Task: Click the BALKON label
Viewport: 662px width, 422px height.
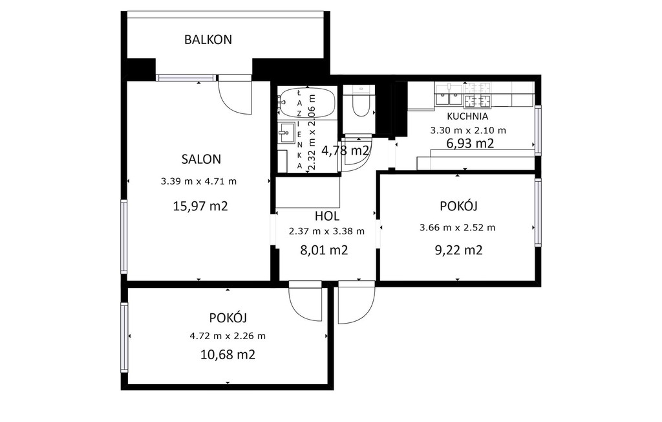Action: coord(208,39)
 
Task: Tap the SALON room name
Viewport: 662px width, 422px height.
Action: coord(201,159)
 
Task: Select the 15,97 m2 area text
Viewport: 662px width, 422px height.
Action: coord(200,206)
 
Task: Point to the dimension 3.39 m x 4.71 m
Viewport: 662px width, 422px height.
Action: coord(198,182)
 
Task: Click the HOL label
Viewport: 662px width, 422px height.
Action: coord(326,216)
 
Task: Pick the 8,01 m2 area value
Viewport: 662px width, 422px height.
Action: coord(324,250)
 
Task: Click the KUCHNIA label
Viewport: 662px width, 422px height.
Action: coord(467,117)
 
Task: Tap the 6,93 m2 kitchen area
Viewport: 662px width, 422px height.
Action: coord(470,144)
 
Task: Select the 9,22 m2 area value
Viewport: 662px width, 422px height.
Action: coord(458,250)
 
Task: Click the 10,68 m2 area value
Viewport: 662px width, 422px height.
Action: coord(228,354)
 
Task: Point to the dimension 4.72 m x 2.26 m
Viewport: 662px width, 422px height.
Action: coord(228,337)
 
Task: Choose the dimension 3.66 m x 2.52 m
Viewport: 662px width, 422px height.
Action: coord(457,228)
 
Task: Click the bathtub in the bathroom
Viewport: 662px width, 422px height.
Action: coord(306,102)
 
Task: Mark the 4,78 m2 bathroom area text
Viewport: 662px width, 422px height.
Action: coord(345,150)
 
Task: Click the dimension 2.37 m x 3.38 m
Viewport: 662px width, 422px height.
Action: coord(326,232)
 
